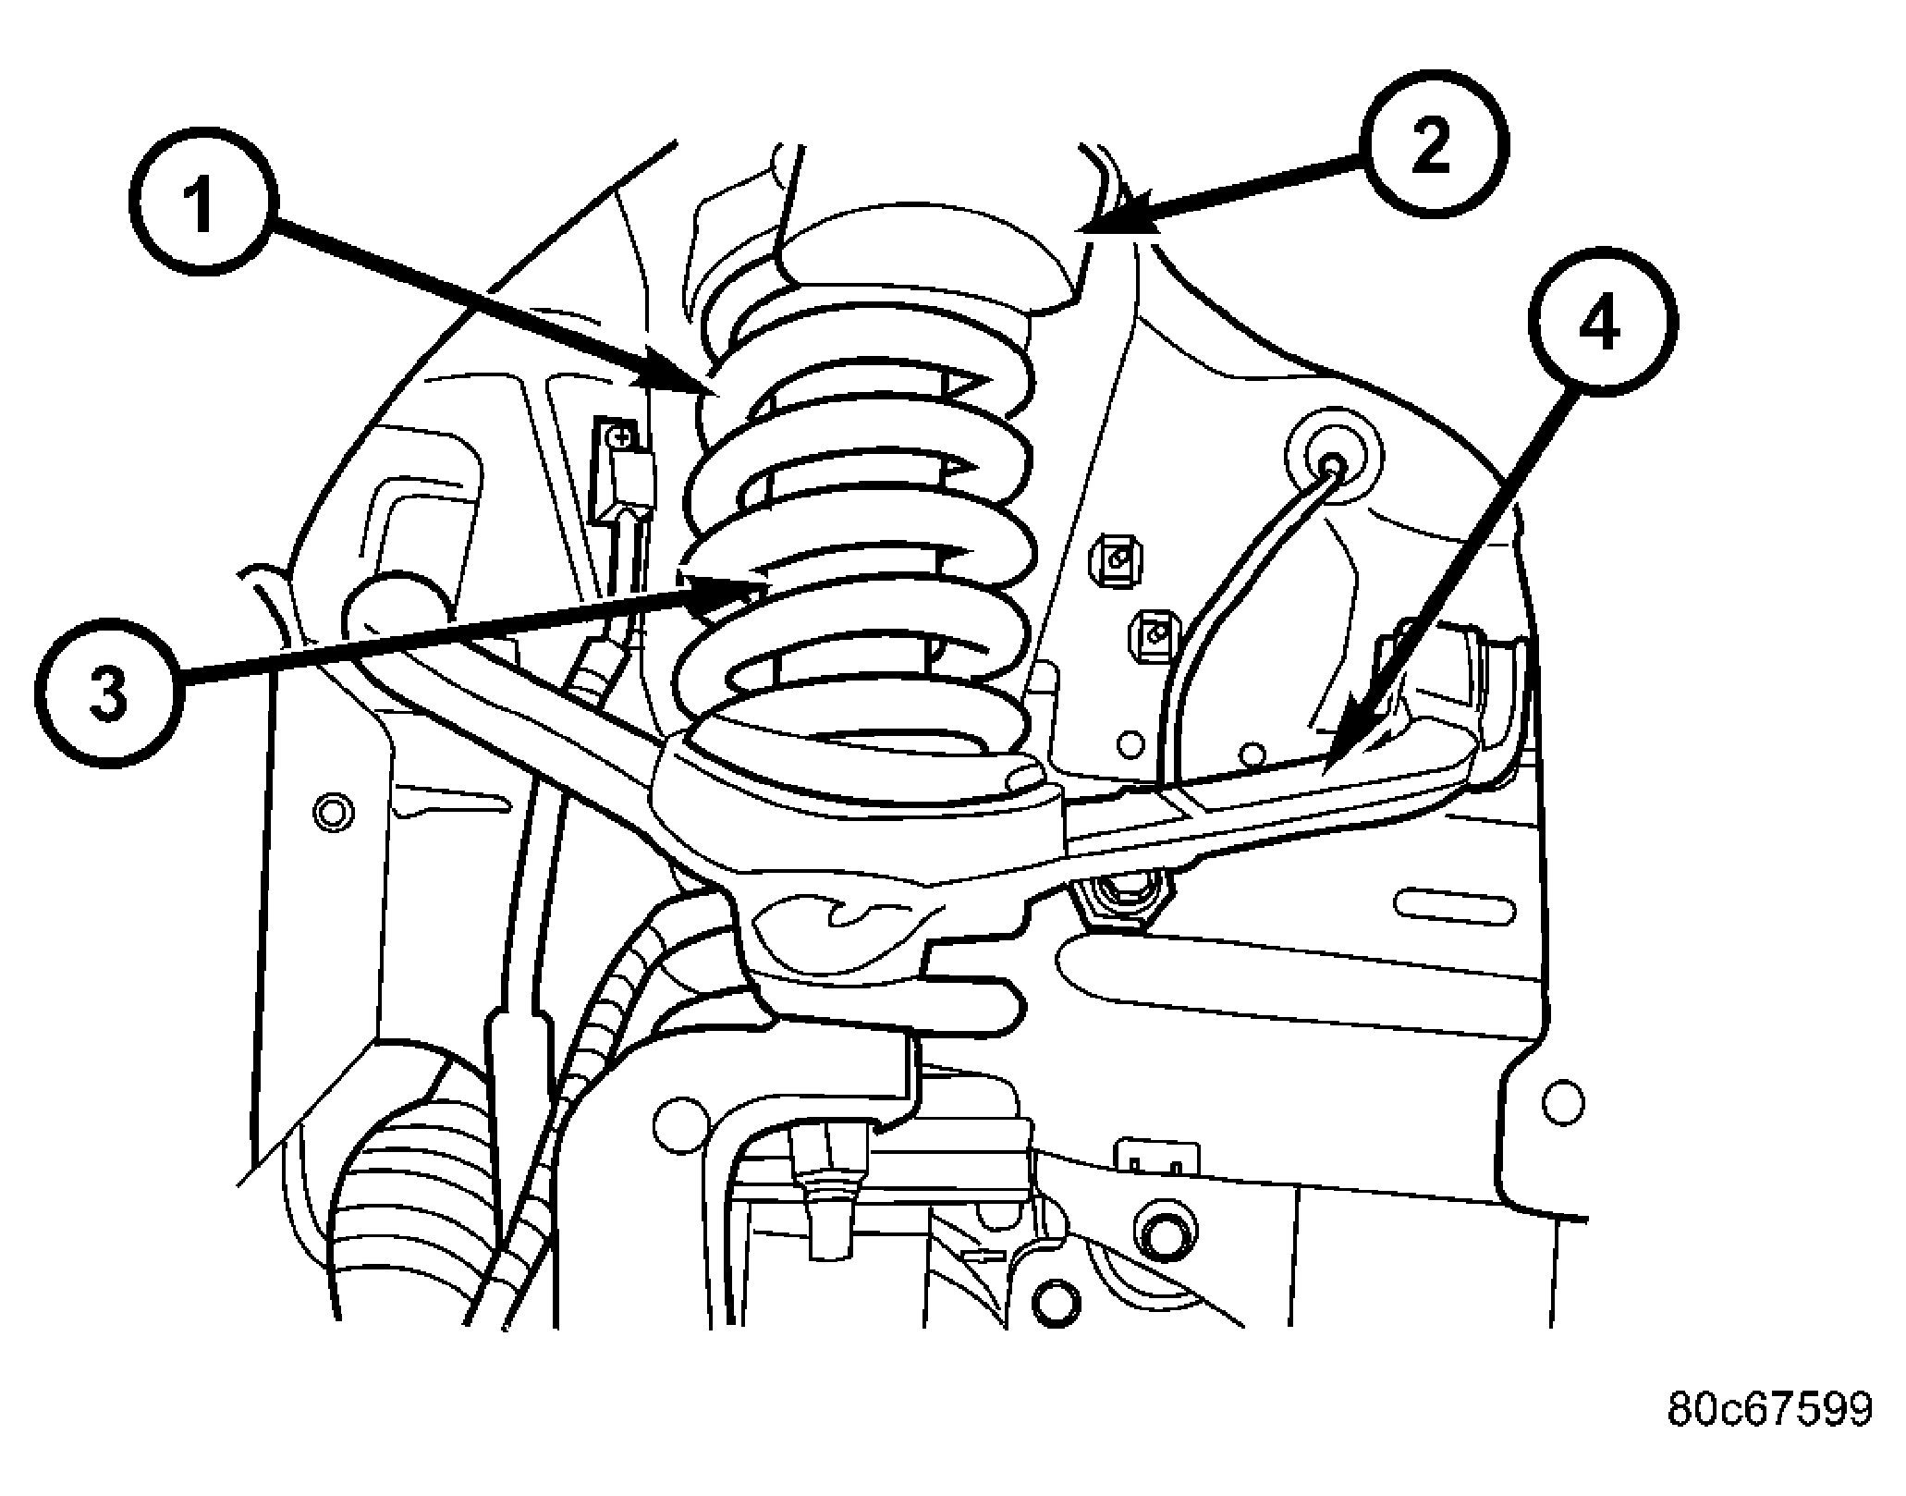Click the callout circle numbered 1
click(x=202, y=205)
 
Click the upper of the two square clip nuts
click(x=1116, y=559)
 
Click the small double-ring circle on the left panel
click(x=334, y=813)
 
